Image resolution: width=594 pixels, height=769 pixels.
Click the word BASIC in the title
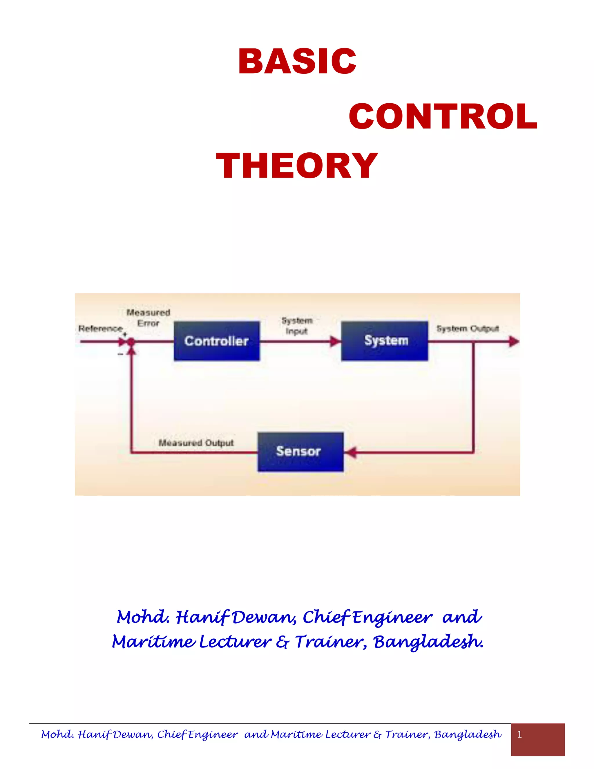297,61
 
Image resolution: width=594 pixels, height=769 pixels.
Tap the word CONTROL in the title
443,117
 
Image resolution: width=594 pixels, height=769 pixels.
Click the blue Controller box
217,341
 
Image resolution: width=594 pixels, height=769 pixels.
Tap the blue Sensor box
300,452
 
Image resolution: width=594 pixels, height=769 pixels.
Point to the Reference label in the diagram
100,328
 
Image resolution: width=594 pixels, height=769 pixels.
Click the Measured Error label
148,317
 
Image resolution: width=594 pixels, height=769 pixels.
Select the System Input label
297,326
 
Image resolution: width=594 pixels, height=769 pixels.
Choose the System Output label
468,328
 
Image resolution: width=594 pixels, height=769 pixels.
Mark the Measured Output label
196,443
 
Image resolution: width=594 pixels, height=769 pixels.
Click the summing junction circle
131,341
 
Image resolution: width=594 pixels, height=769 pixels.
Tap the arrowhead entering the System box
335,341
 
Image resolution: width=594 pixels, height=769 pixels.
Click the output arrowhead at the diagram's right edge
514,341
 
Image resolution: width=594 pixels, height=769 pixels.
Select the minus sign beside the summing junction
120,354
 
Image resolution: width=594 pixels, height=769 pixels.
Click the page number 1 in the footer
519,734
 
